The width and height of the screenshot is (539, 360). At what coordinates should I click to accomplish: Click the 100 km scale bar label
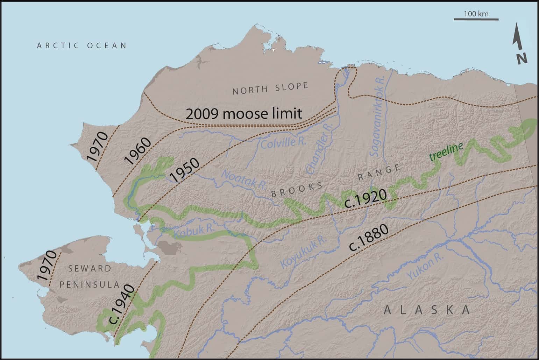476,14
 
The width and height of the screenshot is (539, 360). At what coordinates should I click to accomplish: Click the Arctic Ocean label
82,45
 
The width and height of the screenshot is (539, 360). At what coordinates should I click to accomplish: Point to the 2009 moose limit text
243,114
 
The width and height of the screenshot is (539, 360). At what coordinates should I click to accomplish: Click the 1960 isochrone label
138,151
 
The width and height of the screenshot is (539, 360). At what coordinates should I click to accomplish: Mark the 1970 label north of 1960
98,147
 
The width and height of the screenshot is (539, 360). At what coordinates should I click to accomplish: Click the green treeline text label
446,151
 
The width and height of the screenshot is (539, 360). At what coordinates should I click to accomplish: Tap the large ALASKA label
427,310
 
